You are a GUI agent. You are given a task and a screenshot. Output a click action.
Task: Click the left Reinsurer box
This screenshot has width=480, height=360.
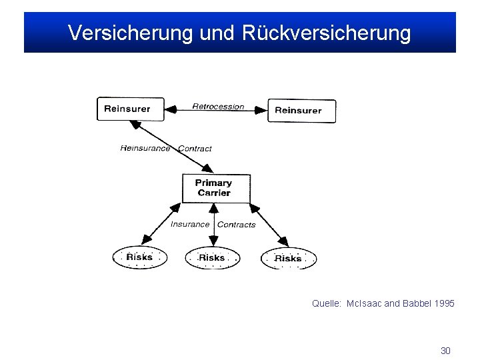pyautogui.click(x=130, y=109)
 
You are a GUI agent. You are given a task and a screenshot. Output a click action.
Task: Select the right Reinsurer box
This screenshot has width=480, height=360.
pyautogui.click(x=301, y=111)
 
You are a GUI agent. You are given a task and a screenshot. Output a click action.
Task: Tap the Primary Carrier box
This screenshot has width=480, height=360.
pyautogui.click(x=216, y=188)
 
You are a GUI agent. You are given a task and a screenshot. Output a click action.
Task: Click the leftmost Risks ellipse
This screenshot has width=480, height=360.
pyautogui.click(x=139, y=257)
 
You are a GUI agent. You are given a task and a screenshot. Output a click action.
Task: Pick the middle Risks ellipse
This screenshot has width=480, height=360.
pyautogui.click(x=212, y=257)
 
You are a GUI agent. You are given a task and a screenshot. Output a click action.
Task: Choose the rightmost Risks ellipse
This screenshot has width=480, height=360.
pyautogui.click(x=288, y=258)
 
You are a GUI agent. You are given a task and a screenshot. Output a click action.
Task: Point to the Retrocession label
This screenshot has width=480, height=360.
pyautogui.click(x=218, y=107)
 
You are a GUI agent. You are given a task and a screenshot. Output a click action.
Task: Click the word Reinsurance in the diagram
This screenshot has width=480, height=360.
pyautogui.click(x=145, y=148)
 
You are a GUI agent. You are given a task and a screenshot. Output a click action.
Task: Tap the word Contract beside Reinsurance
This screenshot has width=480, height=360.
pyautogui.click(x=195, y=149)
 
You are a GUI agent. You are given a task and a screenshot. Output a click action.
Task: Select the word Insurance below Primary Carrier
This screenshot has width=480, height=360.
pyautogui.click(x=190, y=224)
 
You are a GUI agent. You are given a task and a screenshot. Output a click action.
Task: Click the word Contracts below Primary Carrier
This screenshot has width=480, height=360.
pyautogui.click(x=237, y=225)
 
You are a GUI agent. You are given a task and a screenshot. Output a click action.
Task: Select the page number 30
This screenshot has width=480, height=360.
pyautogui.click(x=446, y=351)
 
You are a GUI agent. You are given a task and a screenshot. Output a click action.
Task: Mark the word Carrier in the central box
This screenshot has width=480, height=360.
pyautogui.click(x=214, y=193)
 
